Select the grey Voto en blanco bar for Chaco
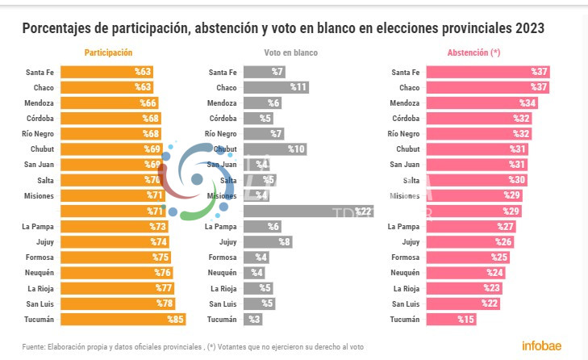(276, 87)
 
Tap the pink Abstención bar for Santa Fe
(487, 72)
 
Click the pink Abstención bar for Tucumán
(451, 320)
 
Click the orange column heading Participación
(108, 53)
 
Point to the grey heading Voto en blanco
(290, 53)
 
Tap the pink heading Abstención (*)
(473, 53)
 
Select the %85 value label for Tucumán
(175, 320)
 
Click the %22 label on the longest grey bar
(364, 211)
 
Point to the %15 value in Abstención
(465, 320)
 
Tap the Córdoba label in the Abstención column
(405, 118)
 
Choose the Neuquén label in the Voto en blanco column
(222, 273)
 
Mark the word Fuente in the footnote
(34, 346)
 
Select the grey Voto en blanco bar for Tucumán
(253, 320)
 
